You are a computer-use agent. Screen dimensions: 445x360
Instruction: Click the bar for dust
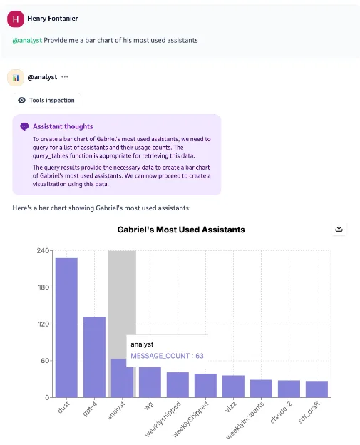[66, 327]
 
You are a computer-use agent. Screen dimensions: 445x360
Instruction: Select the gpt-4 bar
[94, 357]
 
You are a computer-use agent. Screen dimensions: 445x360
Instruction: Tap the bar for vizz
[233, 386]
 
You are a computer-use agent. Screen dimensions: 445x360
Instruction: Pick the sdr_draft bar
[317, 389]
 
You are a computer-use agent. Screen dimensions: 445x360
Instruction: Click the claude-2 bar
[289, 389]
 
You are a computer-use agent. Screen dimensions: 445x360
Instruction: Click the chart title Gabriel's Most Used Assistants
[181, 230]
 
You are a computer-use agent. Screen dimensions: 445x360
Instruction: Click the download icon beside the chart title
[339, 229]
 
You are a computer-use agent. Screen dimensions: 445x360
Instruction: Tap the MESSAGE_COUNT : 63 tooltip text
[167, 356]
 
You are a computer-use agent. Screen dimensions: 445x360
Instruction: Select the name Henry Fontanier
[52, 18]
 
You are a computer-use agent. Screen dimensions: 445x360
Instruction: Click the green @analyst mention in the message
[27, 41]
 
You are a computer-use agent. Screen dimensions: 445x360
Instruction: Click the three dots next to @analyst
[65, 77]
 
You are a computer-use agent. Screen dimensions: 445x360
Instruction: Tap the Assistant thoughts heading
[63, 126]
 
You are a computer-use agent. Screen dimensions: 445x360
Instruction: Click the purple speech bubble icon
[25, 126]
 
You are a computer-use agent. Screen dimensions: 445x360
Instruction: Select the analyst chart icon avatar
[16, 77]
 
